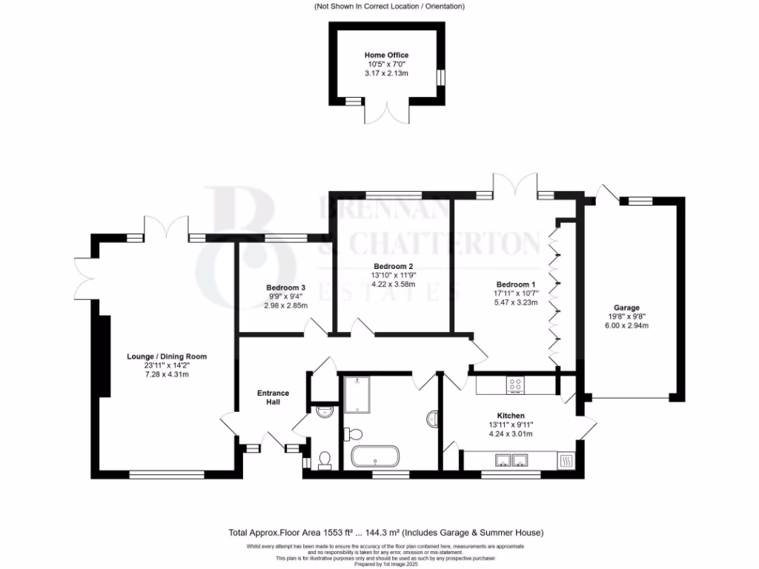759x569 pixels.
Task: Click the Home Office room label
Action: (386, 55)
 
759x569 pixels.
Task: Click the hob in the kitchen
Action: (515, 385)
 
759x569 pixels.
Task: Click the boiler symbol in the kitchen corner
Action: (568, 462)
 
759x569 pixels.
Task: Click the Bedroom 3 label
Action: (286, 287)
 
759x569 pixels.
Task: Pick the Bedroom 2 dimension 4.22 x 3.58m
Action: (393, 284)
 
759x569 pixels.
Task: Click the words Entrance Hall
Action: (273, 397)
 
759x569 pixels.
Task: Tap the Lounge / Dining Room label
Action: (167, 356)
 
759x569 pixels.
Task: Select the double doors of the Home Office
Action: (385, 114)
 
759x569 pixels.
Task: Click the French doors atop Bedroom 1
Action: (516, 185)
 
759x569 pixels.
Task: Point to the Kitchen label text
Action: (511, 416)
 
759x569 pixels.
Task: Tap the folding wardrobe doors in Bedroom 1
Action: (553, 296)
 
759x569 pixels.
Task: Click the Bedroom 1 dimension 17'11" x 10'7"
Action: (514, 293)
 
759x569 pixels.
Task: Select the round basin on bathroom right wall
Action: (432, 419)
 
